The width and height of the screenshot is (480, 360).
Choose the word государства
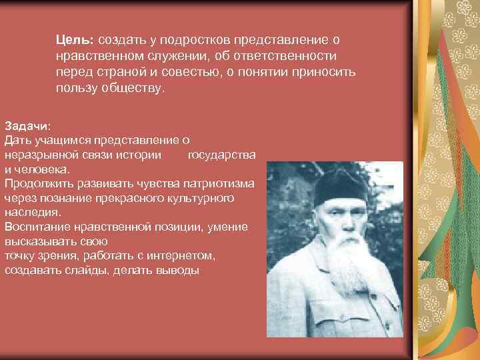click(x=222, y=155)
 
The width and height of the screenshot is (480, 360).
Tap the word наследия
click(x=32, y=212)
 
